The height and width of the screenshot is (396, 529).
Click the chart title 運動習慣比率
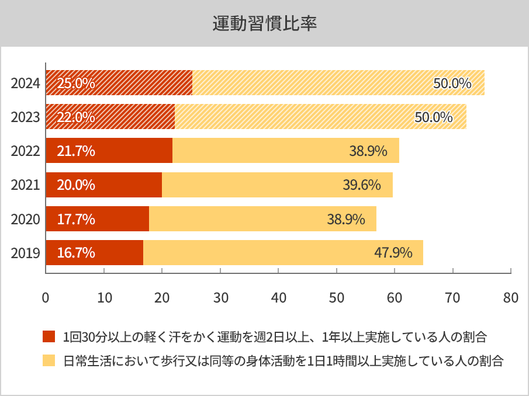tap(264, 24)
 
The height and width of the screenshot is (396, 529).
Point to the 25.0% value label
tap(76, 83)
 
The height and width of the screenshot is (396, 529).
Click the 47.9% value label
tap(393, 253)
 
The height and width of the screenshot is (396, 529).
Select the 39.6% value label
tap(362, 185)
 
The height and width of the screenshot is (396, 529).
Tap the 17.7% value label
tap(76, 219)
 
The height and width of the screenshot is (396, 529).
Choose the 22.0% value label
tap(76, 117)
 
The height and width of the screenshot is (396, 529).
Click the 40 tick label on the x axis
tap(278, 297)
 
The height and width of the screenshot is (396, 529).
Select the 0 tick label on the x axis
tap(46, 297)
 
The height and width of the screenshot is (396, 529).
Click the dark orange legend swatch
tap(49, 337)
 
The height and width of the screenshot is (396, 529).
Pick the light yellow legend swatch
tap(49, 360)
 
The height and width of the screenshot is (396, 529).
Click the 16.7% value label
tap(76, 253)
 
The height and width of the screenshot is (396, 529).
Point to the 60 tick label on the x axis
tap(395, 297)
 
